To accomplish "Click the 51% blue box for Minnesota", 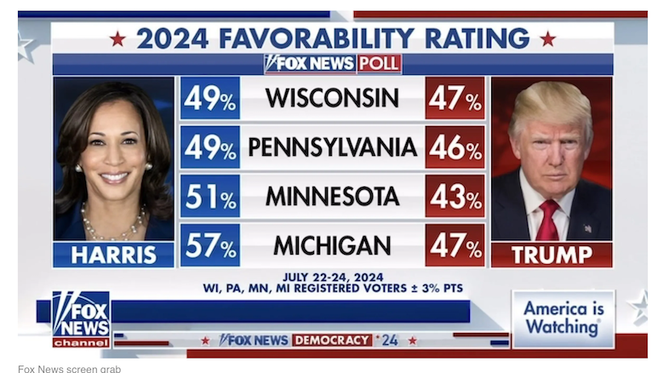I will (x=209, y=196).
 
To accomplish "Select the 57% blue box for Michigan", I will (x=209, y=245).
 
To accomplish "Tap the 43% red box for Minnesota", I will (x=455, y=196).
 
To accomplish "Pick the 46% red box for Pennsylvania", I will (x=455, y=147).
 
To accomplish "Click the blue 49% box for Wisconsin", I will (x=209, y=98).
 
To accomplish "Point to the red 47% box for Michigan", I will (x=455, y=245).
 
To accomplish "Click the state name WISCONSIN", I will (x=332, y=98).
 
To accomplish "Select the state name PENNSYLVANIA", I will (x=332, y=147).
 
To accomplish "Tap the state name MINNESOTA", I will (x=332, y=196).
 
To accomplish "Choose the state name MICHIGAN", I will (x=332, y=245).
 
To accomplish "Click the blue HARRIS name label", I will (x=113, y=255).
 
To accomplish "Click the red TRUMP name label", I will (x=552, y=255).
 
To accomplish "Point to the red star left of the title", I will (x=117, y=38).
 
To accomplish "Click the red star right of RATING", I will (x=547, y=38).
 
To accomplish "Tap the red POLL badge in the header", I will (x=379, y=64).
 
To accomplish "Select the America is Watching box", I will (x=563, y=318).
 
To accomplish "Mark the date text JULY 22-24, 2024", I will (x=333, y=277).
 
